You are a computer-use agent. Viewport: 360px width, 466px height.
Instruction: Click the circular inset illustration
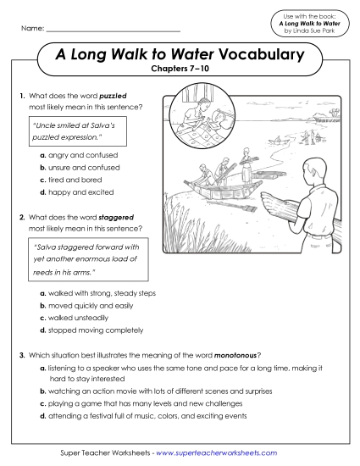(x=200, y=121)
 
